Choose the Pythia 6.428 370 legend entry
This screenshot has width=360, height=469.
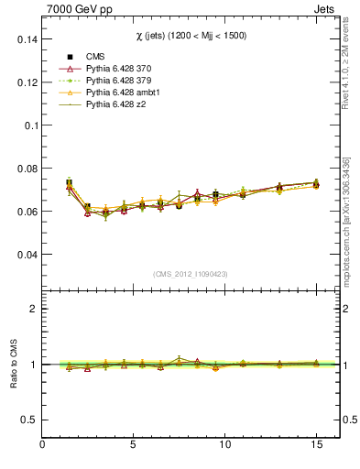pyautogui.click(x=120, y=69)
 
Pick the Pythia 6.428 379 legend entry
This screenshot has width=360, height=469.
pyautogui.click(x=120, y=82)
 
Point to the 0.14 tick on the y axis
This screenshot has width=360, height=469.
pyautogui.click(x=26, y=39)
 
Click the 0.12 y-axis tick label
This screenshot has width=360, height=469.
pyautogui.click(x=26, y=82)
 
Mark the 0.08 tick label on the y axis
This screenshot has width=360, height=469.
pyautogui.click(x=26, y=169)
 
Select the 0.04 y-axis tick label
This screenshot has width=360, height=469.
pyautogui.click(x=26, y=254)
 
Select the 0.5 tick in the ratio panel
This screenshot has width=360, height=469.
pyautogui.click(x=29, y=420)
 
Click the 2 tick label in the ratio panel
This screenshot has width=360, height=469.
pyautogui.click(x=34, y=309)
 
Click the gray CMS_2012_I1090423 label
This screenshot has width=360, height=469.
pyautogui.click(x=191, y=275)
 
